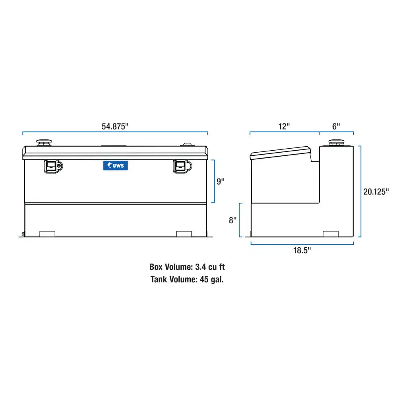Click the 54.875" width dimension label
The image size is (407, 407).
(x=115, y=127)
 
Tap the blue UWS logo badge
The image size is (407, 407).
(x=116, y=166)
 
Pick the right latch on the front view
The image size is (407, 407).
(x=182, y=166)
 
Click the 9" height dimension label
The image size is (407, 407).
(x=221, y=181)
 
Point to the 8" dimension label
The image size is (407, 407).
(x=233, y=220)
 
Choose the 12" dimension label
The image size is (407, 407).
(x=284, y=127)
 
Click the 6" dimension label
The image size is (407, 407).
(x=336, y=127)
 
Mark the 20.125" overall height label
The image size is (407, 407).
(x=376, y=192)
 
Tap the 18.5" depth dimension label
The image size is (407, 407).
(x=302, y=250)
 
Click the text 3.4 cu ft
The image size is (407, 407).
(x=210, y=267)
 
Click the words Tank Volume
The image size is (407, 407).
(x=173, y=279)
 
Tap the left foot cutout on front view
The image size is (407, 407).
(x=48, y=234)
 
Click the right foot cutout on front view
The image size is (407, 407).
(x=184, y=234)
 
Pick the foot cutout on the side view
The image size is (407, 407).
(x=330, y=234)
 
